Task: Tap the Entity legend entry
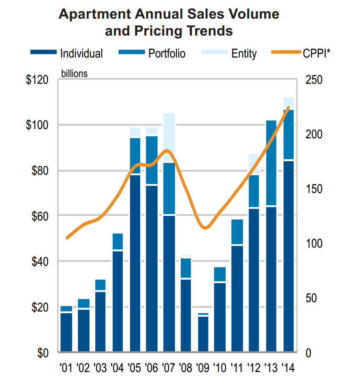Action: pyautogui.click(x=244, y=54)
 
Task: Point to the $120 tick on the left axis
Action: pyautogui.click(x=37, y=80)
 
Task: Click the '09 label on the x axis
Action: pyautogui.click(x=203, y=368)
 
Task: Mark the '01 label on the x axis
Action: pyautogui.click(x=66, y=368)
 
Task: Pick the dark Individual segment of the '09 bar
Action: pyautogui.click(x=203, y=334)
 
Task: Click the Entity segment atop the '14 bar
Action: pyautogui.click(x=288, y=103)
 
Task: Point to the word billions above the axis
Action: pyautogui.click(x=75, y=74)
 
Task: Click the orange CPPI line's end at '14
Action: pyautogui.click(x=288, y=108)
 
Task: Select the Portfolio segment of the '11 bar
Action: pyautogui.click(x=237, y=232)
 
